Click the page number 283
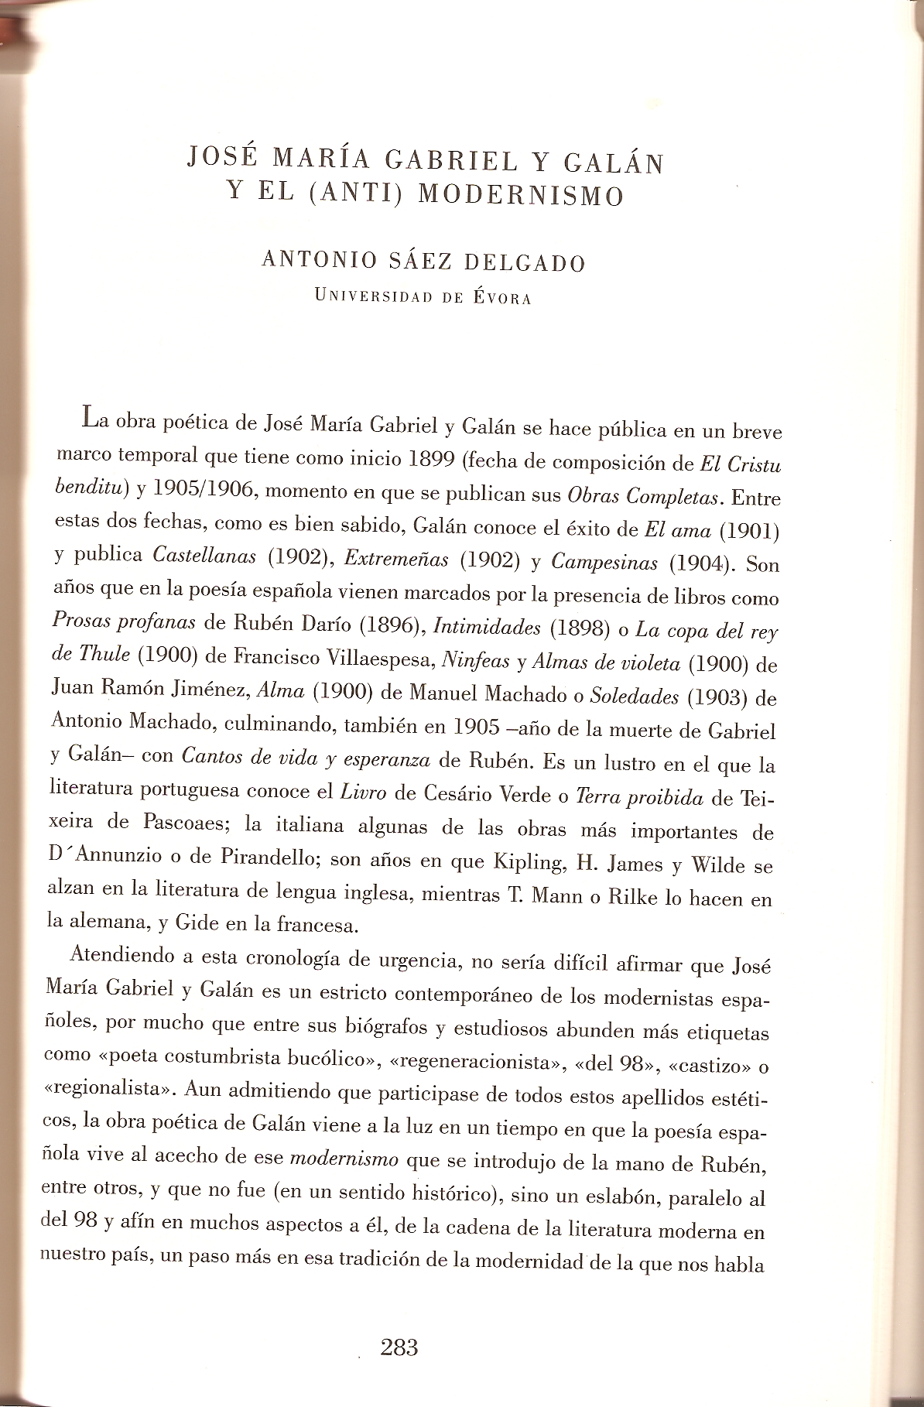(x=399, y=1347)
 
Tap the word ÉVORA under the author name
(x=501, y=298)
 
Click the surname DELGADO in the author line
(x=524, y=263)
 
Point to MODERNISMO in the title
(x=521, y=195)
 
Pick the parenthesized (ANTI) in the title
(x=357, y=193)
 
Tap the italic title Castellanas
(x=204, y=555)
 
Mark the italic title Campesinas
(x=604, y=562)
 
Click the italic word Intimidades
(x=487, y=626)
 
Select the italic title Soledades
(x=634, y=696)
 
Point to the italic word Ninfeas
(x=475, y=660)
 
